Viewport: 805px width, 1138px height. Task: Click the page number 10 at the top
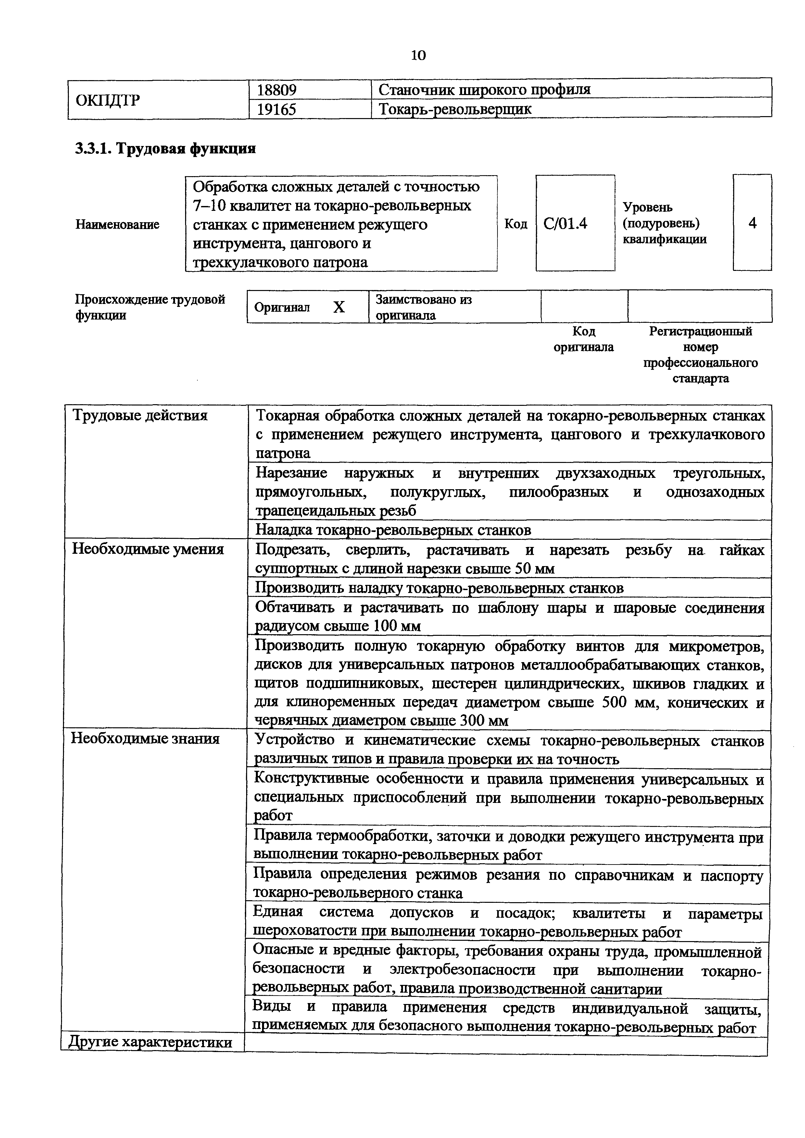coord(418,55)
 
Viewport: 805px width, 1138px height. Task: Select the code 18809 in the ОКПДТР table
coord(277,90)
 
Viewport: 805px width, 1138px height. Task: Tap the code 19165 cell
coord(277,109)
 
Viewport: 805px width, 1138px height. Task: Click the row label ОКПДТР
coord(107,100)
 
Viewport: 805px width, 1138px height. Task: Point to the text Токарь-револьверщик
coord(455,109)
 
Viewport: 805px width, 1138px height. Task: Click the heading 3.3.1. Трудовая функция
coord(165,148)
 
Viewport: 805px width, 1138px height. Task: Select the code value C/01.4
coord(565,224)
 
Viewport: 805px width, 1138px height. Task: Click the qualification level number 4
coord(752,223)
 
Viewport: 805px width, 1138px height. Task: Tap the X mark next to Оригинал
coord(339,307)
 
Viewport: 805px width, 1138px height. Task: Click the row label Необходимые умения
coord(148,549)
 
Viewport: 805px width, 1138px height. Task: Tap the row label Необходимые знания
coord(145,739)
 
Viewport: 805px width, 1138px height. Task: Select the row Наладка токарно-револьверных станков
coord(393,530)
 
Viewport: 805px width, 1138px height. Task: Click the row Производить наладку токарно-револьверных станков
coord(439,588)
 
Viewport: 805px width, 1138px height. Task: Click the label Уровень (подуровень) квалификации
coord(665,223)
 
